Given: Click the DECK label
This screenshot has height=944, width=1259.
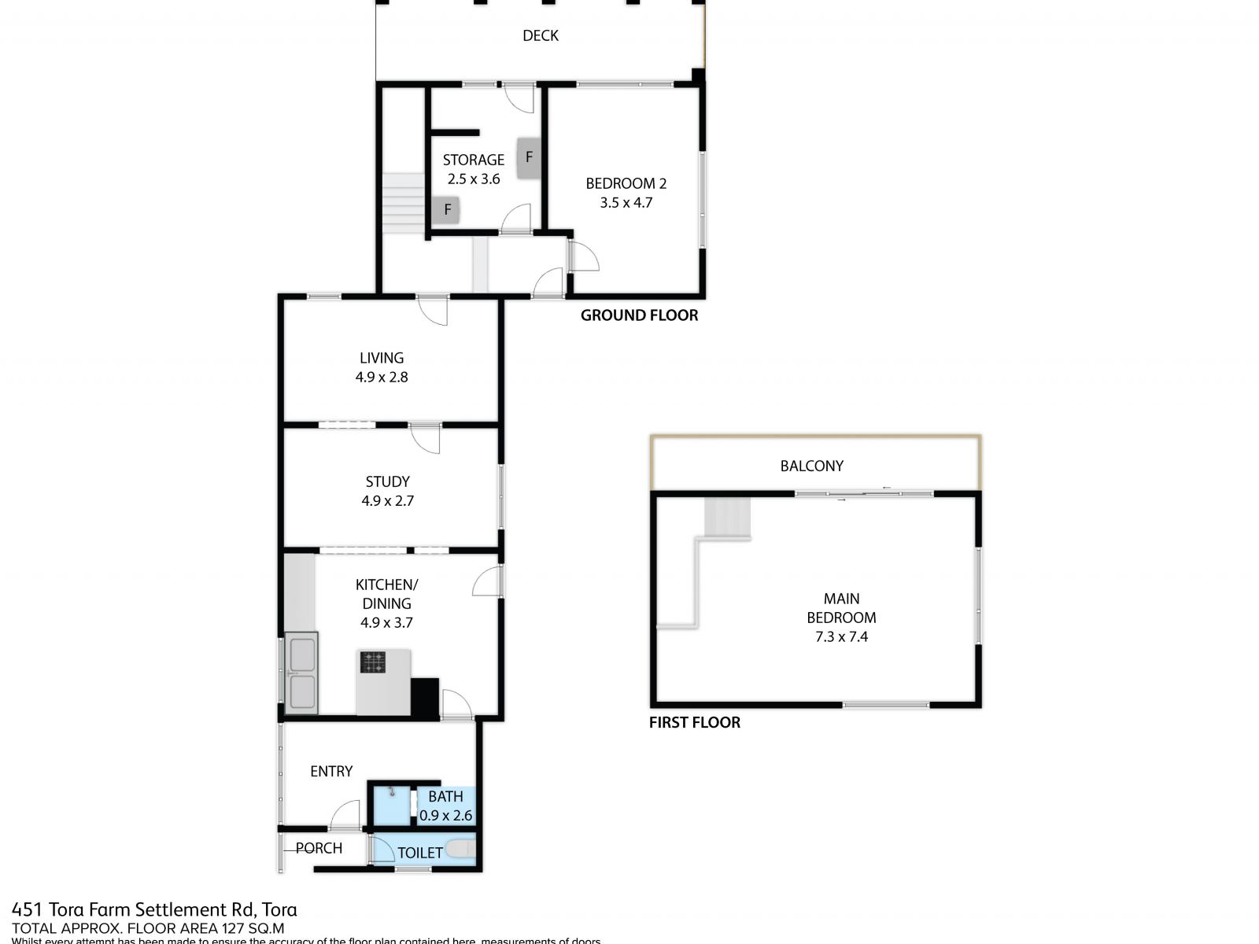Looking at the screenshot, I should pos(541,35).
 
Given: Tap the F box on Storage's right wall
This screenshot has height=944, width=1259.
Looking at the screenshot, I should pos(529,157).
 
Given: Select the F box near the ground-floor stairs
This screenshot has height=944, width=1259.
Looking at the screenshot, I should pos(447,209).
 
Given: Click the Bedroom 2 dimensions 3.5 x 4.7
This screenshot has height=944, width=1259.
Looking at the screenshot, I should pos(626,202).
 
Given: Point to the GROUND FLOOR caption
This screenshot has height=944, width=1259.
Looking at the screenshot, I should pos(639,315).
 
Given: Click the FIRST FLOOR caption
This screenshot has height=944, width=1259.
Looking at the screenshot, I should pos(694,722).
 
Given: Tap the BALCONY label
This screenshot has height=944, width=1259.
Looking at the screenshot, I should pos(811,466).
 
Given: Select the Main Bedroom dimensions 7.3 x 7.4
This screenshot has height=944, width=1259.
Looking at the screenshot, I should pos(841,636).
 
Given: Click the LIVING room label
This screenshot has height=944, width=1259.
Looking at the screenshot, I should pos(382,358).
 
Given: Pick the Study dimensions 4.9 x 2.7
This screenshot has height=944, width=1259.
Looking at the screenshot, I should pos(387,500).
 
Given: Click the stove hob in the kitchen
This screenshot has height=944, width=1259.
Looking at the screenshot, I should pos(374,662).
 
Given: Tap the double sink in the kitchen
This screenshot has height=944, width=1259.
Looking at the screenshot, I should pos(302,673).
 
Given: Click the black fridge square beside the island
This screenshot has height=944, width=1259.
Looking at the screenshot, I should pos(426,697).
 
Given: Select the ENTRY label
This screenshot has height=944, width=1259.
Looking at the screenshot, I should pos(331,771).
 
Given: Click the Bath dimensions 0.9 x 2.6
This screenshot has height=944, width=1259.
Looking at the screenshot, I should pos(445,816).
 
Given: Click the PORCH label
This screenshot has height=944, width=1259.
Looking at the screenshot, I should pos(319,848).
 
